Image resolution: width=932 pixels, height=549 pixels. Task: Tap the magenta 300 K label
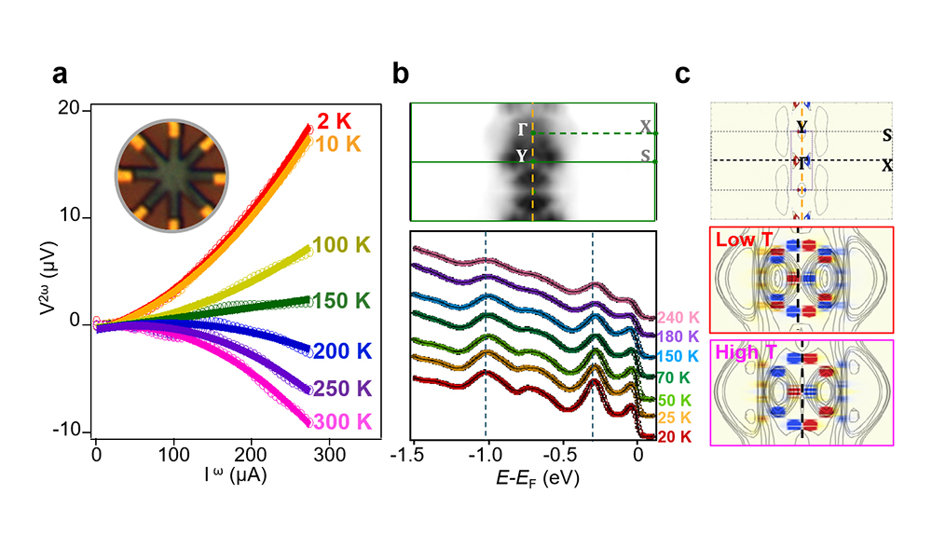pyautogui.click(x=339, y=421)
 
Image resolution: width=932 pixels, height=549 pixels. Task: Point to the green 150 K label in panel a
pyautogui.click(x=342, y=301)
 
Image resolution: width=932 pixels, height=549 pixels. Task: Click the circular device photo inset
pyautogui.click(x=169, y=177)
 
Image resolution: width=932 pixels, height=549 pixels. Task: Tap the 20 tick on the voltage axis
pyautogui.click(x=78, y=111)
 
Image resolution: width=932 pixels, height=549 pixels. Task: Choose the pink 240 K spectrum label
pyautogui.click(x=677, y=317)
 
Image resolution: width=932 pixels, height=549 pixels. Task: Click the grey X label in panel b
pyautogui.click(x=647, y=125)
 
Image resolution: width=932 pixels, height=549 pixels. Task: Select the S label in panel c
pyautogui.click(x=886, y=135)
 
